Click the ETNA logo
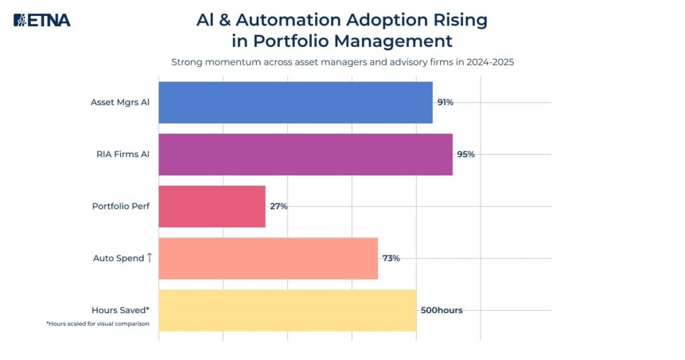coord(41,20)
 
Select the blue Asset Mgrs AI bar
coord(295,102)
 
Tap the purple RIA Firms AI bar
coord(305,155)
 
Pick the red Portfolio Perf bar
coord(211,206)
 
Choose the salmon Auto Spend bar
coord(268,258)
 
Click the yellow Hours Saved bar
coord(287,310)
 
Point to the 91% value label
coord(446,102)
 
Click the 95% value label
coord(466,155)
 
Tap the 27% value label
coord(278,206)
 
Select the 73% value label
coord(391,258)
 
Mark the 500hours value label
coord(442,310)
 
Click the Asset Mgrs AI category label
coord(120,102)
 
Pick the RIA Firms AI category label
coord(122,155)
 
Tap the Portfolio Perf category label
coord(120,206)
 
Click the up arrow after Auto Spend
coord(149,258)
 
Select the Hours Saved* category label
coord(120,310)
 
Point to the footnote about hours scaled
coord(98,324)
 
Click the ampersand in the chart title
coord(225,19)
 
